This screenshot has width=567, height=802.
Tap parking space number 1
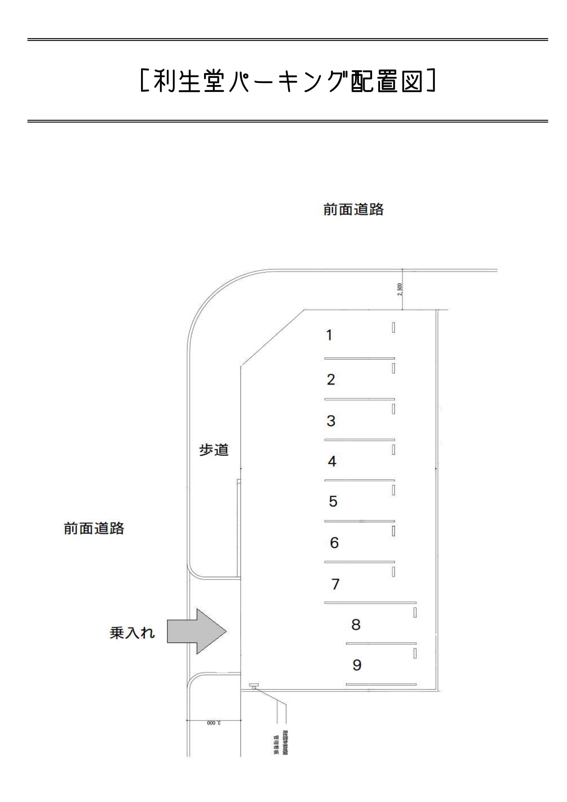click(x=329, y=335)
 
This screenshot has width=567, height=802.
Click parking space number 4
click(x=332, y=462)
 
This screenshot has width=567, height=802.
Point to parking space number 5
click(x=333, y=502)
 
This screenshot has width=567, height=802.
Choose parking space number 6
click(x=334, y=542)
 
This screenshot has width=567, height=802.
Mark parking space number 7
click(x=335, y=584)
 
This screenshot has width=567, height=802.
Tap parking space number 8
click(x=356, y=624)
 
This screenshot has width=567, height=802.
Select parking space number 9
click(x=357, y=665)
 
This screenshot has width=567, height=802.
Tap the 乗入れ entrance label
click(x=132, y=633)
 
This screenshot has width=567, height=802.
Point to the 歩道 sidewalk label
click(x=214, y=450)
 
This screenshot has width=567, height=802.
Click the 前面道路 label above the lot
click(x=353, y=210)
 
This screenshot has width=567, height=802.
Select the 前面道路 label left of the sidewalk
click(x=94, y=528)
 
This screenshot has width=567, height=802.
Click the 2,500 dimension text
click(x=400, y=289)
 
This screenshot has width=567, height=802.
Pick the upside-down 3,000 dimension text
click(x=213, y=723)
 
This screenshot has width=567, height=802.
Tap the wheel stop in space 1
click(x=393, y=327)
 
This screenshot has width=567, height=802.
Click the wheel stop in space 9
click(x=415, y=654)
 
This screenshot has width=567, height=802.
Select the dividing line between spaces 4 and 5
click(x=359, y=481)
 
